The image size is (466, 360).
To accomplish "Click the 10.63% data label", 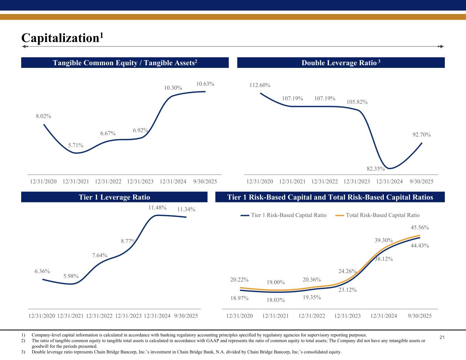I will (x=205, y=84).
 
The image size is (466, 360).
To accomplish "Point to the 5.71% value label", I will (x=76, y=145).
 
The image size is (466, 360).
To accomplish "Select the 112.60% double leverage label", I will (x=260, y=85).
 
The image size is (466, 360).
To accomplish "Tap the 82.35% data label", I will (x=376, y=169).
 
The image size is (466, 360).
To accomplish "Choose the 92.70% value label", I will (x=422, y=135).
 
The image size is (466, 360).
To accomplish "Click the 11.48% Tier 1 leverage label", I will (x=157, y=207).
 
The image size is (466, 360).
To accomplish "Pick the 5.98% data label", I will (x=71, y=276).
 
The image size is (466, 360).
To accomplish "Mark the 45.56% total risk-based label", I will (x=420, y=228).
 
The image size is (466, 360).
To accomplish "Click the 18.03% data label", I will (x=276, y=300).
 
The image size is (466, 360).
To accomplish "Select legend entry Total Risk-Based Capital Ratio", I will (x=382, y=215).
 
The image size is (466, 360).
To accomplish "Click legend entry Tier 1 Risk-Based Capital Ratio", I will (x=288, y=215).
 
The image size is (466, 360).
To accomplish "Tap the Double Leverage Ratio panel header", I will (x=341, y=63).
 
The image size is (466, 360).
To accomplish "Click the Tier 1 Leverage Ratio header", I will (x=114, y=197).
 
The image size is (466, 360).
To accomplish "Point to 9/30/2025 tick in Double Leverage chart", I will (x=422, y=182).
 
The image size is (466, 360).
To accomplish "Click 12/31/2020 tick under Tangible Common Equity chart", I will (x=43, y=182).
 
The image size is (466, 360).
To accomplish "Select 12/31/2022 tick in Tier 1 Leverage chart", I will (x=99, y=316).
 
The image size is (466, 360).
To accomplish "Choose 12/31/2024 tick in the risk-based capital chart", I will (x=384, y=316).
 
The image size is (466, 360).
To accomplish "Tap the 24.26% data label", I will (x=348, y=272).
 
